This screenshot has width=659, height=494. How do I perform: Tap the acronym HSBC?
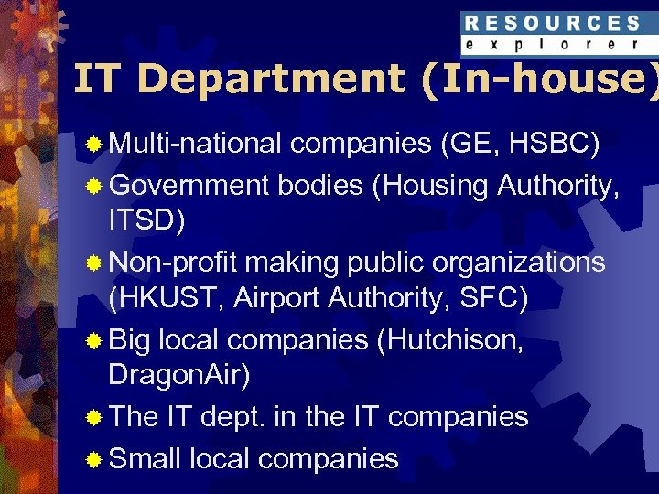555,144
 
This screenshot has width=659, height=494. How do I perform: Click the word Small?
145,457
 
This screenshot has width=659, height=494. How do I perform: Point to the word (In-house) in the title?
540,79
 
